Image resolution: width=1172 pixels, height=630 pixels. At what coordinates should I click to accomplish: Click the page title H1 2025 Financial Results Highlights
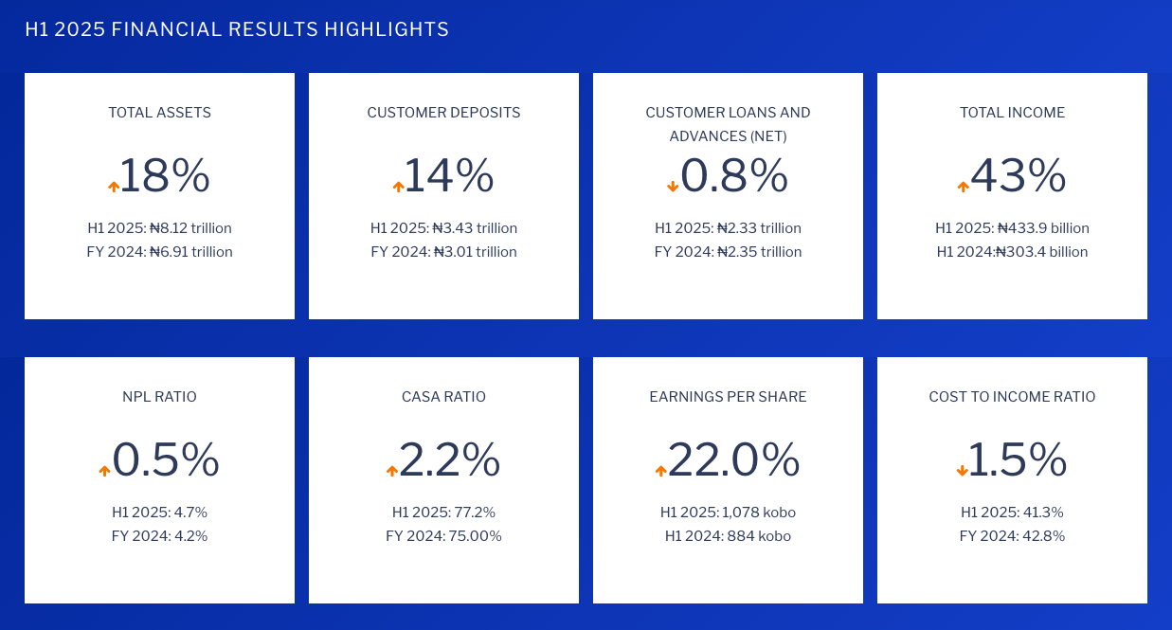237,29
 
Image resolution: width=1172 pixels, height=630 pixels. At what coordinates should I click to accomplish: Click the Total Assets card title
159,113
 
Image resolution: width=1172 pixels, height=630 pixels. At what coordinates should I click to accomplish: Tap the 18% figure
164,176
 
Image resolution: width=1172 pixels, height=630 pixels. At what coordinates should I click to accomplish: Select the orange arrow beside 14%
398,187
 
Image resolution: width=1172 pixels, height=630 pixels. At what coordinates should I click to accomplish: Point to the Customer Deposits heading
443,113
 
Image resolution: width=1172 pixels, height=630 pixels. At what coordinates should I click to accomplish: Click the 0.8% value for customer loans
734,176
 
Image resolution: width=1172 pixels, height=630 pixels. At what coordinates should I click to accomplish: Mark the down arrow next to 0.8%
673,187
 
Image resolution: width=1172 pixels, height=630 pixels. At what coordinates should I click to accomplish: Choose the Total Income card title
1012,113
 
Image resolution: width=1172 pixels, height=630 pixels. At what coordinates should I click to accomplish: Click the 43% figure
1019,176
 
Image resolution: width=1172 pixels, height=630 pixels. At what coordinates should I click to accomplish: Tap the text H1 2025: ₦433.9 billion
1012,228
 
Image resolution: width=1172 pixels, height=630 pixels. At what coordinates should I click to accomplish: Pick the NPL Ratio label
159,397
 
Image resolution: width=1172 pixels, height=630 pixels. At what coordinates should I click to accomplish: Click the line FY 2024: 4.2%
159,536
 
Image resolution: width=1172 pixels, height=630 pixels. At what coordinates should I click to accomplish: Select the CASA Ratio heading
443,397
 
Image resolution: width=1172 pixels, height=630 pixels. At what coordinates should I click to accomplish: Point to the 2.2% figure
449,460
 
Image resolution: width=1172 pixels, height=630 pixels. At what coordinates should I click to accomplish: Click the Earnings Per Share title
728,397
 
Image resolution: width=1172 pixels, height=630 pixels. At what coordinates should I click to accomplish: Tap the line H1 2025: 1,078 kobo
728,513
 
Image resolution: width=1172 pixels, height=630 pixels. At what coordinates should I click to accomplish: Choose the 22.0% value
733,460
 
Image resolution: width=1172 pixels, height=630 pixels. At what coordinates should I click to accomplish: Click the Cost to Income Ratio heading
1012,397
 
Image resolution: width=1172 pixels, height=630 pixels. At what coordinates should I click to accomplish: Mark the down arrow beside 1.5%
962,471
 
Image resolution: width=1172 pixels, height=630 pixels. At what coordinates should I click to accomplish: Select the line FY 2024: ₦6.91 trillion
159,252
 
